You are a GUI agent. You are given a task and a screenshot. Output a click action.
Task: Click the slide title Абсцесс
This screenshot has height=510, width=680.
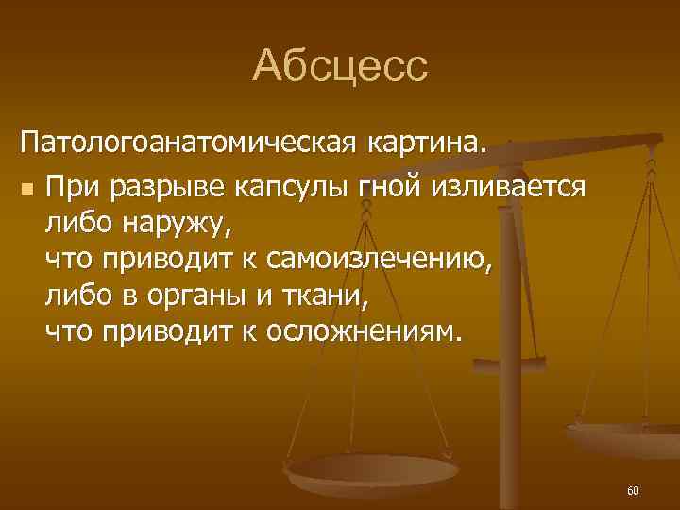point(340,66)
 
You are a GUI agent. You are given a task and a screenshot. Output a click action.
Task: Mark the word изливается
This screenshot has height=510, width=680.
point(510,187)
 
